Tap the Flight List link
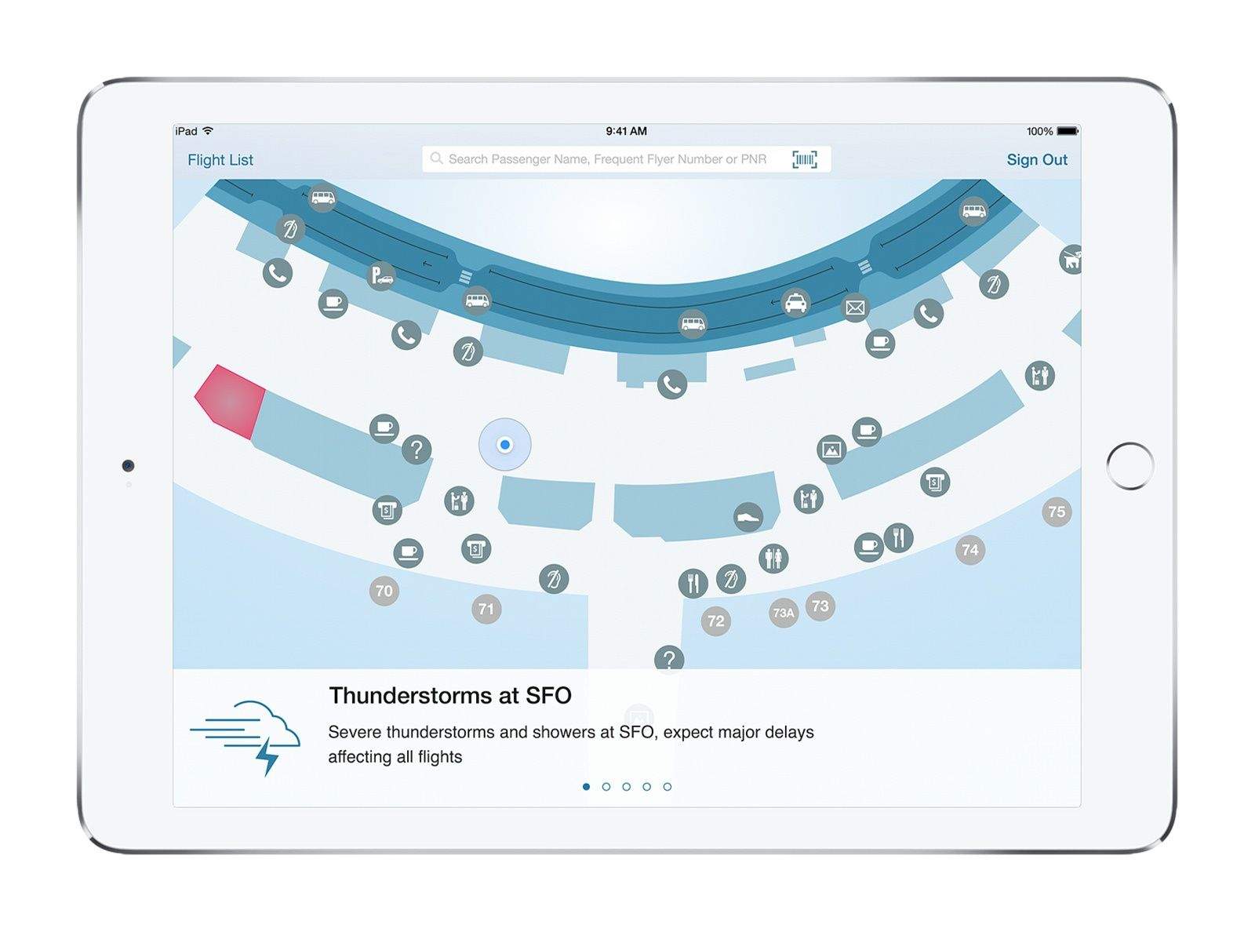[x=220, y=160]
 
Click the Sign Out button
[x=1037, y=159]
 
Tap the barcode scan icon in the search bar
[x=804, y=159]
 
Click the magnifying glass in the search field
[x=436, y=158]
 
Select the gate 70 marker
[x=384, y=591]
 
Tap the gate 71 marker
[x=486, y=609]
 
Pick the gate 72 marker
[x=716, y=621]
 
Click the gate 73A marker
[x=783, y=613]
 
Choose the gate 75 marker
[x=1057, y=512]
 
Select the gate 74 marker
[x=969, y=549]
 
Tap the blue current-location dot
[x=504, y=445]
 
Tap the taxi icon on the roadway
[x=795, y=303]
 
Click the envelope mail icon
[x=854, y=308]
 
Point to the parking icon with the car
[x=380, y=275]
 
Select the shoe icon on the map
[x=748, y=517]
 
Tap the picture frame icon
[x=831, y=450]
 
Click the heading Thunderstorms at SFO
[x=450, y=695]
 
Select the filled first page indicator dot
[x=586, y=787]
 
